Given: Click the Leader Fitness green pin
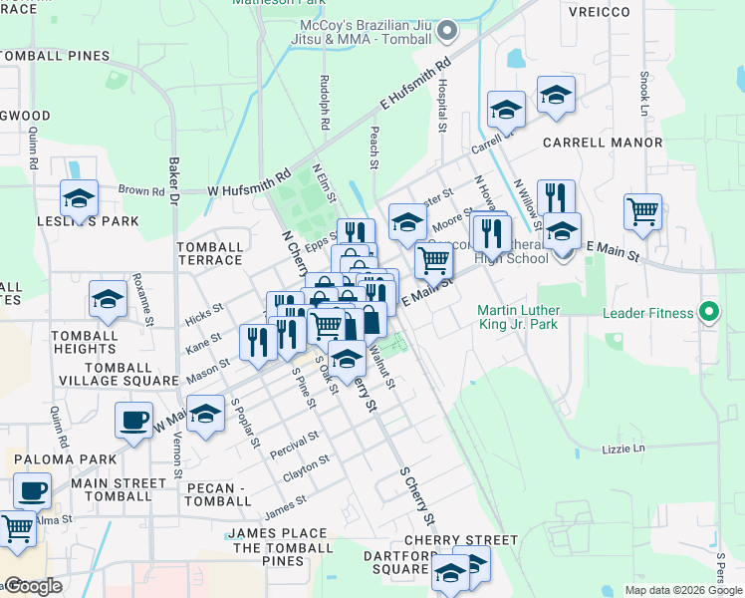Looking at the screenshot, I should coord(708,313).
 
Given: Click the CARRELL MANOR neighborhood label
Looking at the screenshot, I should coord(603,143).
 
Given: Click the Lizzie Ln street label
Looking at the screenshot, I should coord(623,448).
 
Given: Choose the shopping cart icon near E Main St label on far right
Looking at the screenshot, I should coord(643,211).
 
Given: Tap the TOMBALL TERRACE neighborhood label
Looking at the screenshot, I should coord(209,253).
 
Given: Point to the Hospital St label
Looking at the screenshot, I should coord(441,106).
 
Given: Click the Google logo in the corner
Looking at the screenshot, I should coord(32,587).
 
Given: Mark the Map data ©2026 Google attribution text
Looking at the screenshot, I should coord(683,590).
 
